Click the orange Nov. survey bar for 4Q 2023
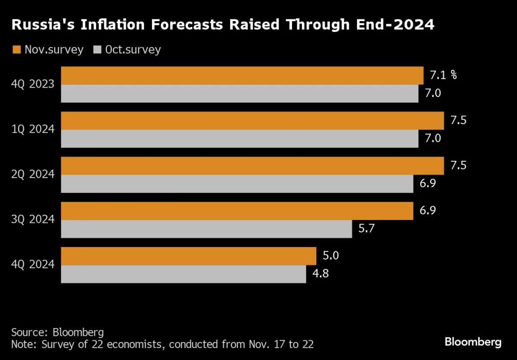tap(242, 75)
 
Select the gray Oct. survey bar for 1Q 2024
tap(240, 138)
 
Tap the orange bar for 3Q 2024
tap(237, 211)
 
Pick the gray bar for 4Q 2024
tap(184, 274)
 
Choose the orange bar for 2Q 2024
tap(252, 166)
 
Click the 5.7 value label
tap(367, 228)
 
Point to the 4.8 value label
tap(321, 273)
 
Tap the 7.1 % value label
tap(443, 75)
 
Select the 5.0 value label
tap(331, 255)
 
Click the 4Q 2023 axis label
tap(33, 84)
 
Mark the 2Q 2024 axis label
tap(33, 174)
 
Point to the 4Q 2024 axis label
tap(33, 264)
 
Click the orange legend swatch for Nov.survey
tap(17, 50)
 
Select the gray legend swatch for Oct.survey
tap(97, 50)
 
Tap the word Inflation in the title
tap(112, 25)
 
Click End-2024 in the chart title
tap(395, 25)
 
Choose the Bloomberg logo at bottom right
tap(473, 342)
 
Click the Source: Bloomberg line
tap(57, 332)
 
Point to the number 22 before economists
tap(97, 344)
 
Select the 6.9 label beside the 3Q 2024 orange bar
tap(428, 210)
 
